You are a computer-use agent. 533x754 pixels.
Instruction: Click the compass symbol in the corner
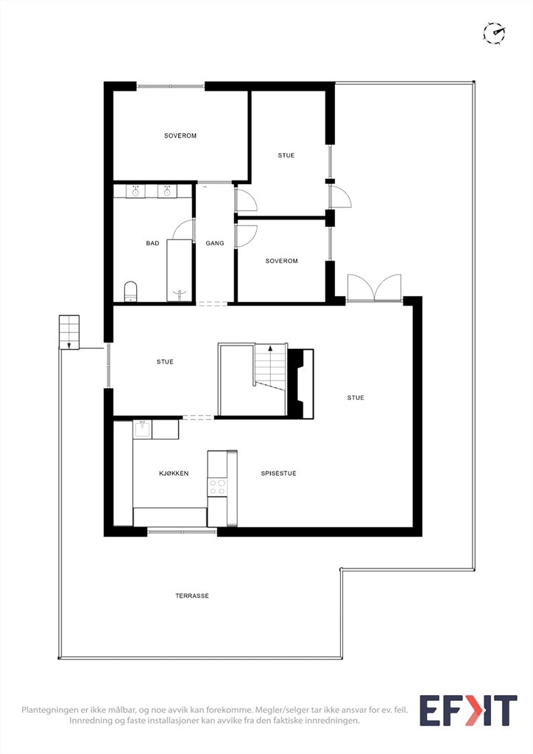[x=494, y=33]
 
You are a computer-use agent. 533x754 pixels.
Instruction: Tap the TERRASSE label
[x=191, y=596]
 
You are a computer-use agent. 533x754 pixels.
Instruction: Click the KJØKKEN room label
[x=174, y=473]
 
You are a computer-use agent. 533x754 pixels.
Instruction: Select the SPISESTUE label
[x=278, y=473]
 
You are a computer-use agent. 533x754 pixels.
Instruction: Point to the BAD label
[x=152, y=243]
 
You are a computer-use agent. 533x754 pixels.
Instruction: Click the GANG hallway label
[x=215, y=243]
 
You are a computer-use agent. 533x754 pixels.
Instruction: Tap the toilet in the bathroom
[x=131, y=292]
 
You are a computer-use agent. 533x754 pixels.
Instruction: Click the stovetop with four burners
[x=217, y=487]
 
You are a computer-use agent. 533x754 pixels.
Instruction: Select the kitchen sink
[x=143, y=429]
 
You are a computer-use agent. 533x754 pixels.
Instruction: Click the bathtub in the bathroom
[x=180, y=270]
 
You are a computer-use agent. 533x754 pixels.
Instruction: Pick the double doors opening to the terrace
[x=375, y=289]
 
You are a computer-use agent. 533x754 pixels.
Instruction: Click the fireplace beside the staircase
[x=301, y=383]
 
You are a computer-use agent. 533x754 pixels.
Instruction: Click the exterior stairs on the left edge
[x=69, y=332]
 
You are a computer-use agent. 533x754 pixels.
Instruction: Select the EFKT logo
[x=469, y=711]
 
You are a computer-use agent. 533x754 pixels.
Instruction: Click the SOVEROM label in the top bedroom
[x=180, y=135]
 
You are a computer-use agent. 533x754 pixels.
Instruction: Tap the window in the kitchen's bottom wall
[x=182, y=532]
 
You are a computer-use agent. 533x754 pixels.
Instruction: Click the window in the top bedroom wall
[x=171, y=87]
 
